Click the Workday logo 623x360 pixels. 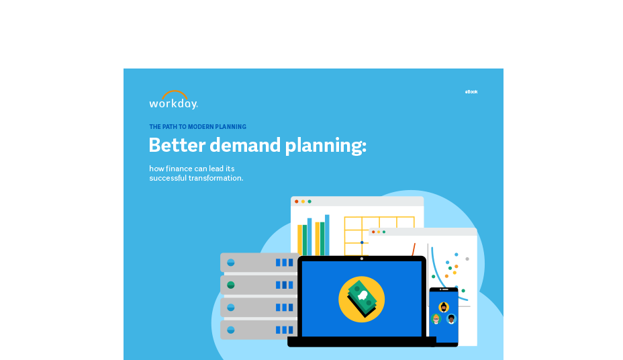pos(173,99)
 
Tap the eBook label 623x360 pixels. pos(471,92)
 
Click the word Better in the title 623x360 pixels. pos(177,145)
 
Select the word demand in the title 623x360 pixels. pos(245,145)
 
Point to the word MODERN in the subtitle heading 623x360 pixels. pos(200,127)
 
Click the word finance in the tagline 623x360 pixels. pos(179,169)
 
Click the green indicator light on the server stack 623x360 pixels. pos(231,285)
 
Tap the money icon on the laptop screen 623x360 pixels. pos(362,299)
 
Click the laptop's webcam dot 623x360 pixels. pos(362,259)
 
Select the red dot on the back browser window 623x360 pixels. pos(297,201)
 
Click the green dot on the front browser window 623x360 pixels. pos(384,232)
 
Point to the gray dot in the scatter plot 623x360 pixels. pos(467,259)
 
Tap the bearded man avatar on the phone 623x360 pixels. pos(444,307)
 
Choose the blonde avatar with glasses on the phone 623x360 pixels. pos(436,318)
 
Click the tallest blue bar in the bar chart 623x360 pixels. pos(327,235)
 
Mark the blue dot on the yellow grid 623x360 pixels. pos(362,242)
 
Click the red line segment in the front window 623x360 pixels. pos(414,250)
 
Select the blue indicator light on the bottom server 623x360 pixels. pos(231,330)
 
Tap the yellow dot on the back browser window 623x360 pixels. pos(303,201)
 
